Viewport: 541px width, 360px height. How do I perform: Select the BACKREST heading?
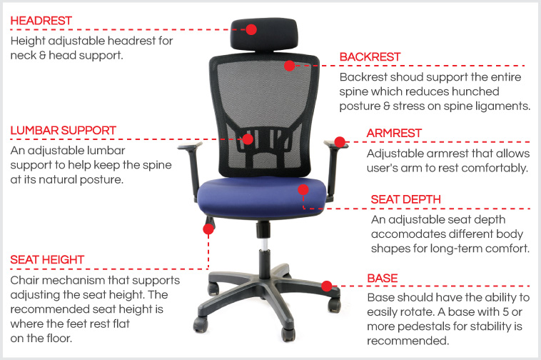(370, 56)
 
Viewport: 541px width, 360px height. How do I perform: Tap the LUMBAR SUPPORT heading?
(63, 131)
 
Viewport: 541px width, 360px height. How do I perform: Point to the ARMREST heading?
(394, 133)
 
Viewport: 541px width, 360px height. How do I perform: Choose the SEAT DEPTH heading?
(405, 199)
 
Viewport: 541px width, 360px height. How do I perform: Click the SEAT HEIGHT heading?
(47, 259)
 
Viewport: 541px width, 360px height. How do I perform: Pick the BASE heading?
(383, 277)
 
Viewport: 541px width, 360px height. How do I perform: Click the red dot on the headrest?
(251, 29)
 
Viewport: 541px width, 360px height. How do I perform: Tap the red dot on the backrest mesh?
(289, 66)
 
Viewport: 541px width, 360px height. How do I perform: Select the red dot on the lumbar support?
(248, 139)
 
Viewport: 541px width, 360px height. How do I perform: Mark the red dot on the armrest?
(340, 142)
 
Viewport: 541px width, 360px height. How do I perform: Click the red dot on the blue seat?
(303, 190)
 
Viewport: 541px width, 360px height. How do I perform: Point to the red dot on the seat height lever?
(208, 229)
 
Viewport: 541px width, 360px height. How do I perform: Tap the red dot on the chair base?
(327, 286)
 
